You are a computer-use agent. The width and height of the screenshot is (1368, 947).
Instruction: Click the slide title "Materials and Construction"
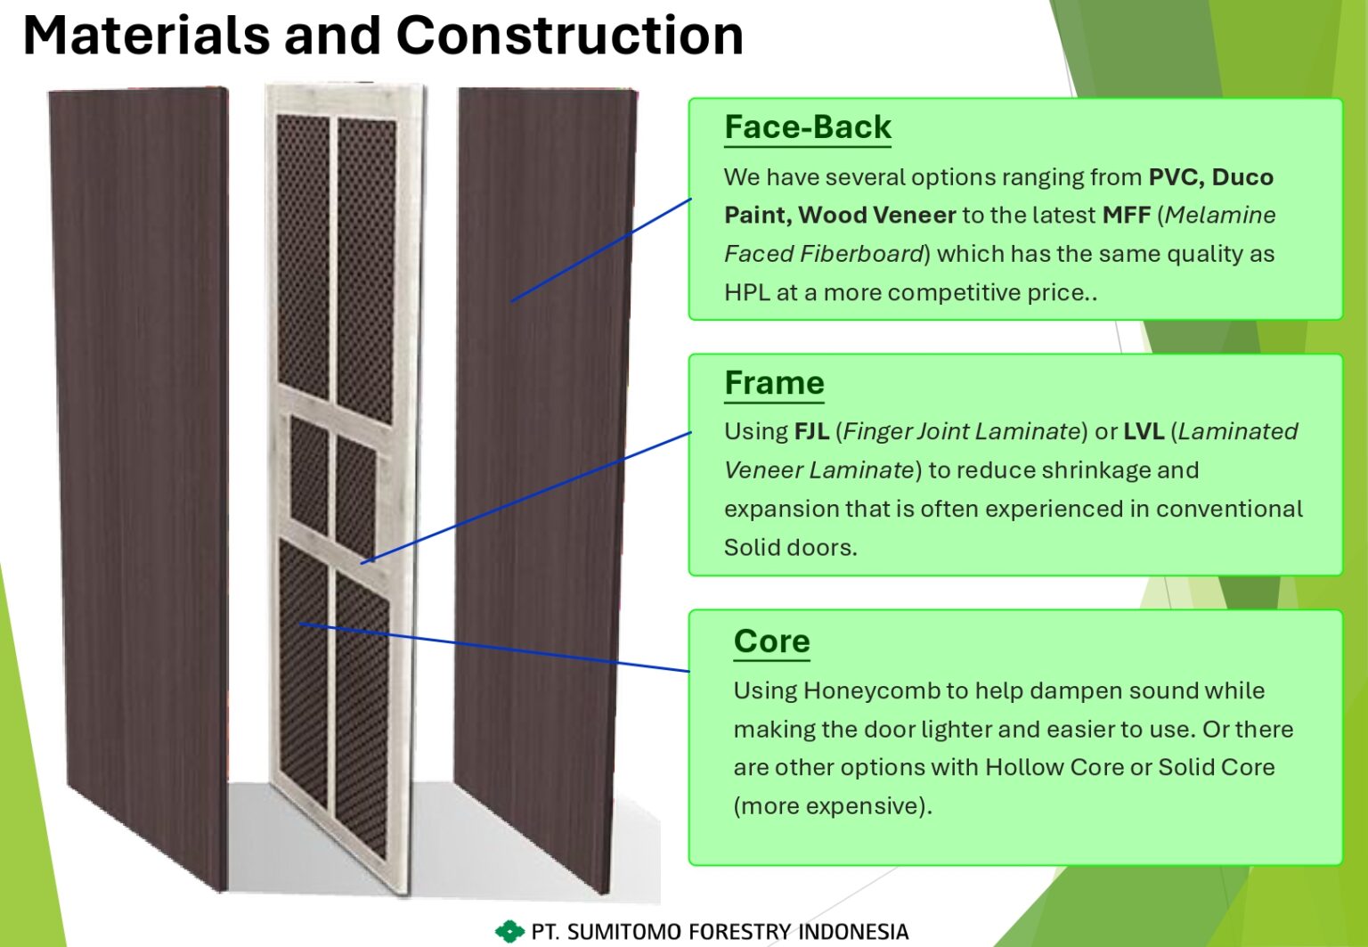pos(383,36)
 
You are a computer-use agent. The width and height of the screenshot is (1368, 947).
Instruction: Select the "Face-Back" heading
pos(808,127)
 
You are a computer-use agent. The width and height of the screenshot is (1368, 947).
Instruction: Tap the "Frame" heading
pos(774,383)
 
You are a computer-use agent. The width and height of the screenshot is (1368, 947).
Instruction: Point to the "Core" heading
pos(772,641)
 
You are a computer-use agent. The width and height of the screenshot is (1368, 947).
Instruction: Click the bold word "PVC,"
pos(1177,177)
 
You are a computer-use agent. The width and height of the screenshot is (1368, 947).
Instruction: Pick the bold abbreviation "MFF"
pos(1126,215)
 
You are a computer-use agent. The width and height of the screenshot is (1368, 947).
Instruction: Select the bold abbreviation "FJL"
pos(811,431)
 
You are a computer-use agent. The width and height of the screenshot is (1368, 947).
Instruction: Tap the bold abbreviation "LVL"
pos(1144,431)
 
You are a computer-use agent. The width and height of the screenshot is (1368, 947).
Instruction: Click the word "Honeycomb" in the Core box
pos(872,691)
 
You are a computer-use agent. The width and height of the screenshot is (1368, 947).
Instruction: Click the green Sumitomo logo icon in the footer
pos(509,931)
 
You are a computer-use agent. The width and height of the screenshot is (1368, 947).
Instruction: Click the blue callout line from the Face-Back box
pos(601,249)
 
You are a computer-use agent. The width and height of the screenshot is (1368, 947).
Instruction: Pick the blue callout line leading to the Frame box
pos(525,497)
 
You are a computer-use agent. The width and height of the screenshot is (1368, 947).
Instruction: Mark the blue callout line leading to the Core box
pos(494,648)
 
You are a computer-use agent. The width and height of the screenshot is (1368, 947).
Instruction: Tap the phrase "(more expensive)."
pos(833,806)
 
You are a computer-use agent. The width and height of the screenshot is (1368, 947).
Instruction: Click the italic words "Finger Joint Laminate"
pos(962,432)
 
